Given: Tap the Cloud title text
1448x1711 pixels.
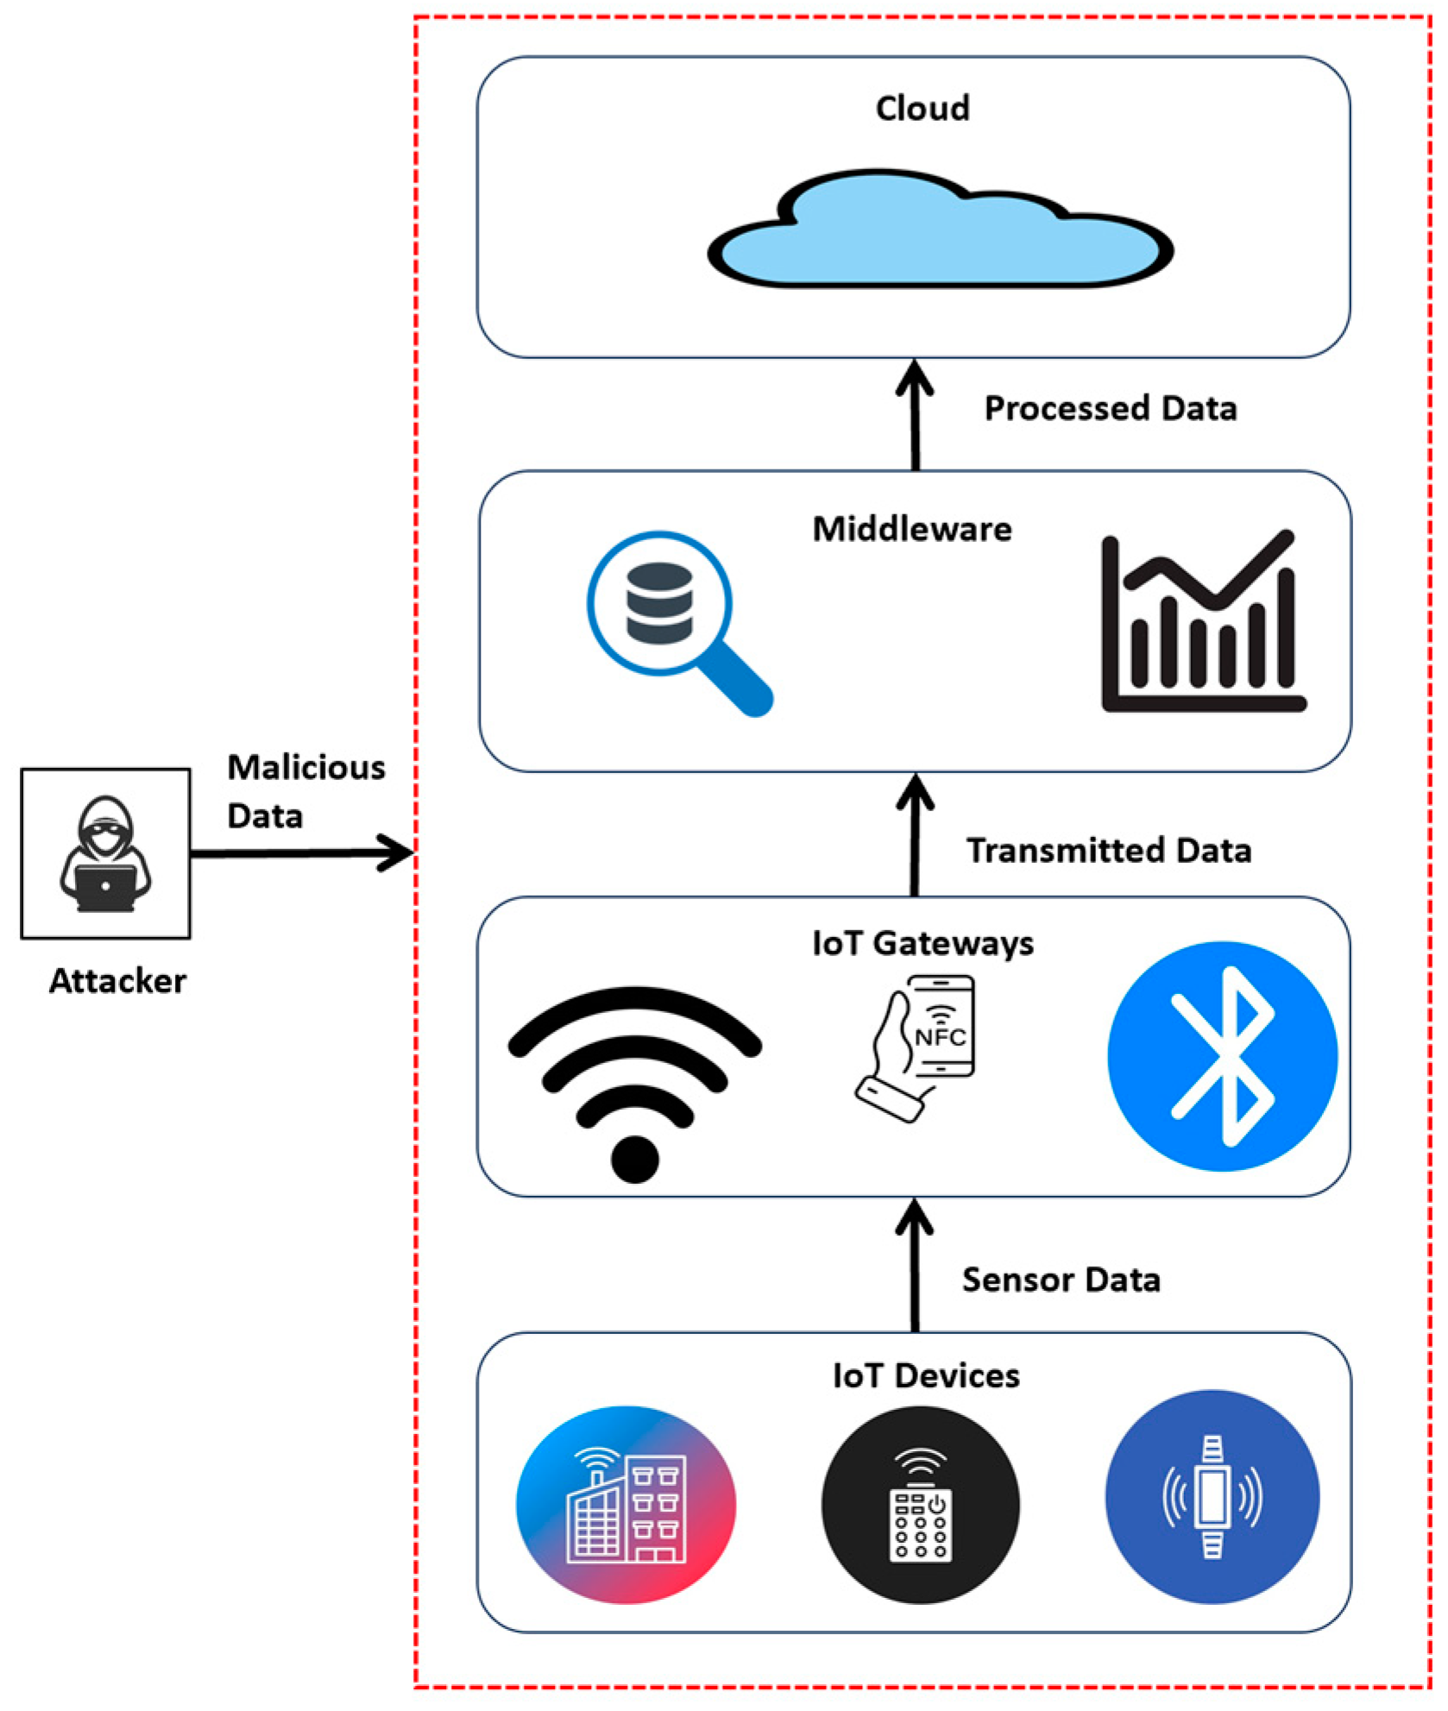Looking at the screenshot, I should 922,109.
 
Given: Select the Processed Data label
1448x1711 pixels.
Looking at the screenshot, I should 1110,408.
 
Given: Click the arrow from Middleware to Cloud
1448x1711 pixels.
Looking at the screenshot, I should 915,415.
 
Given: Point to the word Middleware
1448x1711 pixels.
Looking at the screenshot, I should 912,529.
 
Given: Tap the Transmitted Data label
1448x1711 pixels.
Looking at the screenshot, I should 1108,850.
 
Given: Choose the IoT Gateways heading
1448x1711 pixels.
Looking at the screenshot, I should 922,943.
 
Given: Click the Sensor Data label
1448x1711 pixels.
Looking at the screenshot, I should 1061,1280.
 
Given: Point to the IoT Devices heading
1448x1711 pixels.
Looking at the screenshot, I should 925,1375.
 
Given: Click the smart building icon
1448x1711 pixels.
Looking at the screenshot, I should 626,1505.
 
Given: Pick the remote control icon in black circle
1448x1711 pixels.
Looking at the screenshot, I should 920,1506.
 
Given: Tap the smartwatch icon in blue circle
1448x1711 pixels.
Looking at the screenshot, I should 1212,1497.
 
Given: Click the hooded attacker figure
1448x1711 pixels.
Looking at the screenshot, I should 105,853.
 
